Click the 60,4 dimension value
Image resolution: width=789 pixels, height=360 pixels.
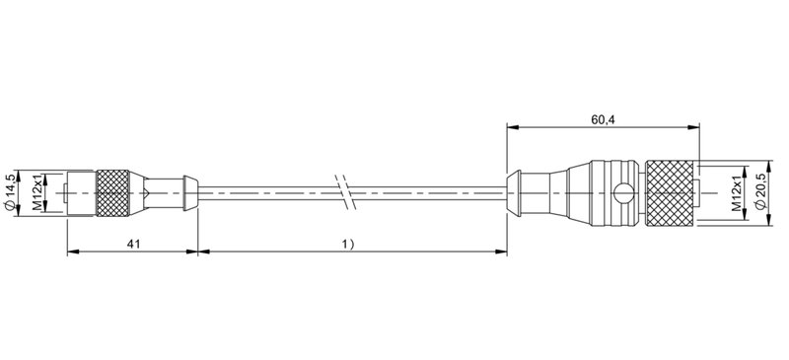(605, 119)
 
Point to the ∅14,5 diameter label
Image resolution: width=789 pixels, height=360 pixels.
(11, 191)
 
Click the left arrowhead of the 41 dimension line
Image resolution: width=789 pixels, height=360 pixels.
(71, 252)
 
